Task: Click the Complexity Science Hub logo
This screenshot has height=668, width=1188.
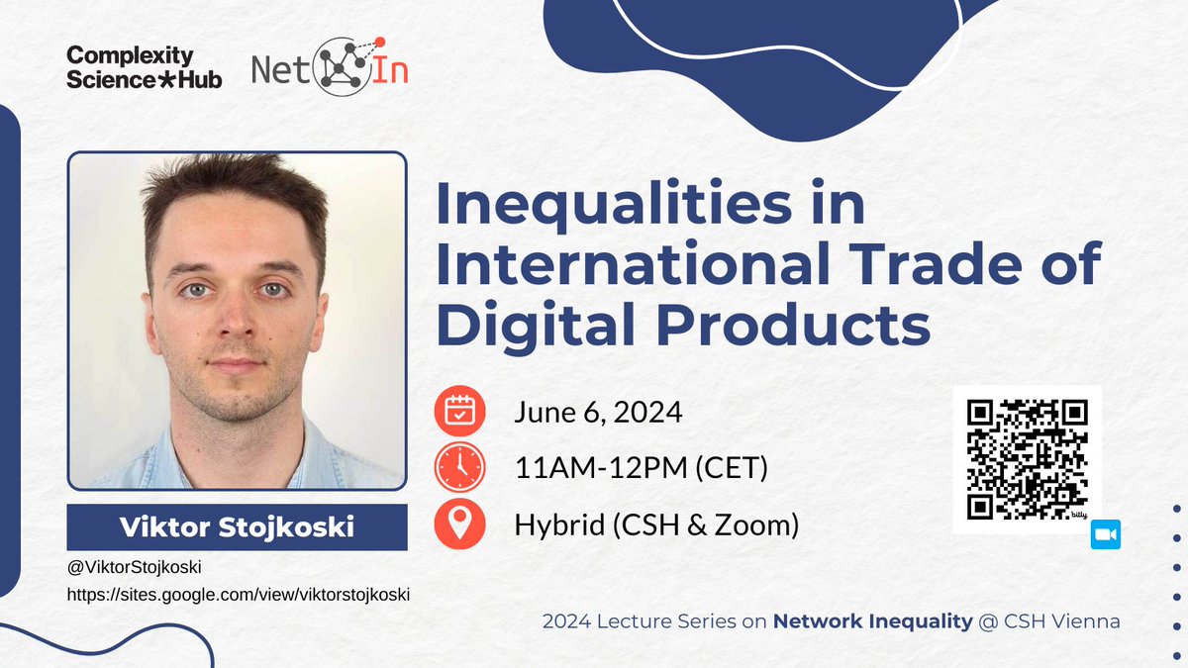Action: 144,67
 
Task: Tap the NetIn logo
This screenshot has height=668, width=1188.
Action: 330,66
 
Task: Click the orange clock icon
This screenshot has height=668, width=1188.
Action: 460,467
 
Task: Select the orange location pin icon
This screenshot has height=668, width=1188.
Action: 460,525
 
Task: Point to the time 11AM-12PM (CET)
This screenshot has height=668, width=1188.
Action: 641,468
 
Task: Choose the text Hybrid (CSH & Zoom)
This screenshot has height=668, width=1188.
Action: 656,525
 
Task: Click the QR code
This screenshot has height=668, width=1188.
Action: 1026,458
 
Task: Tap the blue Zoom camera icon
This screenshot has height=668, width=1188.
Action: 1105,535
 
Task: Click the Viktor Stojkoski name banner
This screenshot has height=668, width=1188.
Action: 237,527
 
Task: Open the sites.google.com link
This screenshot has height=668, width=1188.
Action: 238,595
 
